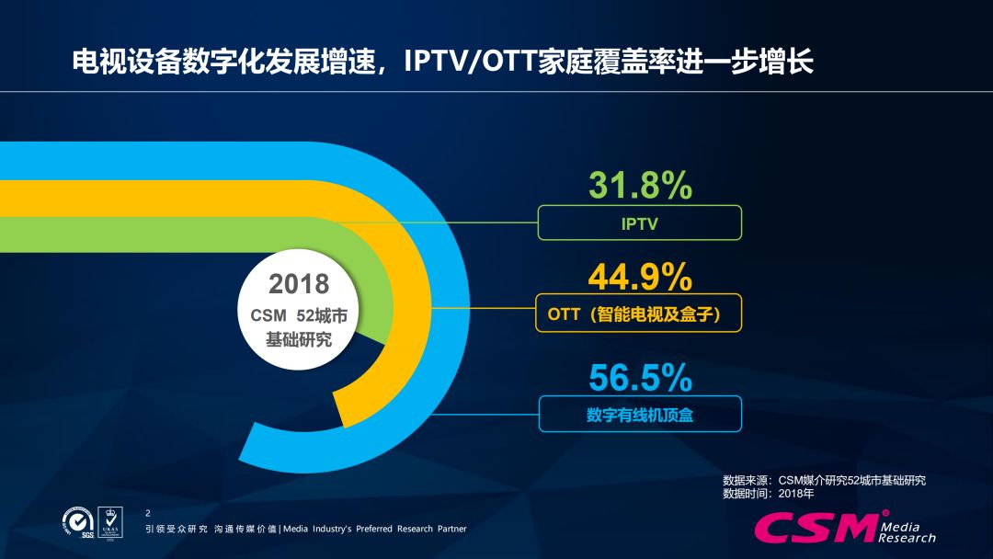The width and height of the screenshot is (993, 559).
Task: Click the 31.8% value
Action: [640, 186]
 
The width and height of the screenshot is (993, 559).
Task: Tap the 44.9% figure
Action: [640, 275]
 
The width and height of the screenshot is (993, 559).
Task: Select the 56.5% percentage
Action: [640, 377]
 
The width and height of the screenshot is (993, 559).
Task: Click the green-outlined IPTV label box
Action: [639, 222]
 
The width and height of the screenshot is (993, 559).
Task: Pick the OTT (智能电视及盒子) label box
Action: [639, 314]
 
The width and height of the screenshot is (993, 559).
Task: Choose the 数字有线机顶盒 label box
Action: [639, 415]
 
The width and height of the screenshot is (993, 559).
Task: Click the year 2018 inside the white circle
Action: [299, 282]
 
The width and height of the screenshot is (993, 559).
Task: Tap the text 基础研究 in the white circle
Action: [299, 339]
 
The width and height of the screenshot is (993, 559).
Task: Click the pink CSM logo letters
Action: [814, 528]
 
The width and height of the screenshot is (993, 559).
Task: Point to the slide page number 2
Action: [149, 511]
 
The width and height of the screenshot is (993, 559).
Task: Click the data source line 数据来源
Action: [824, 480]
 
